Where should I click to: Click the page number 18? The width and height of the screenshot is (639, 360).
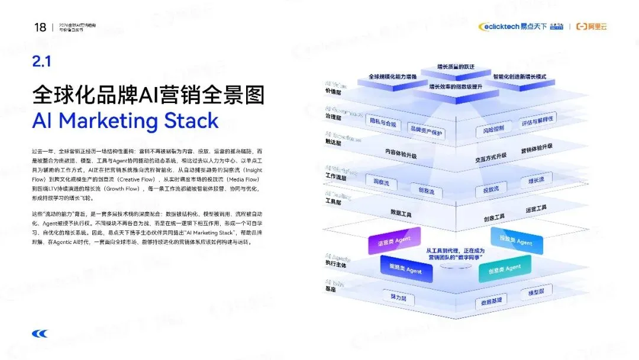40,27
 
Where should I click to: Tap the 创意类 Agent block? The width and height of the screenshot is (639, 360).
505,268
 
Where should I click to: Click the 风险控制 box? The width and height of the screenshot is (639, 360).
493,128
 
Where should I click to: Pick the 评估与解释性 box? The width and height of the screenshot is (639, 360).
537,120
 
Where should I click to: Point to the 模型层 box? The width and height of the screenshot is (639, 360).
536,292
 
